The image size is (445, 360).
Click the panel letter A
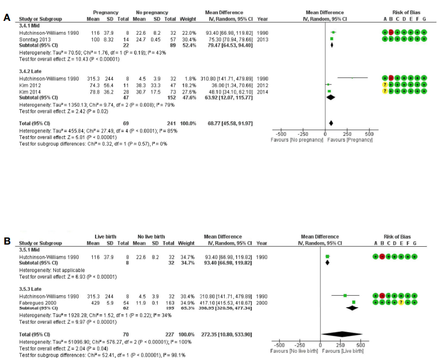point(7,18)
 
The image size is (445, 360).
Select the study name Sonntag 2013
point(34,39)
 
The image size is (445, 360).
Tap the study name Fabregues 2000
point(37,302)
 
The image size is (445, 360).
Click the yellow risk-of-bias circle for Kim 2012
point(384,85)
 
